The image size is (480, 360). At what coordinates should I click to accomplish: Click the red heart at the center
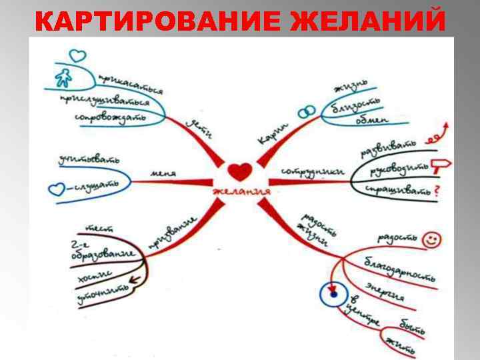pos(239,171)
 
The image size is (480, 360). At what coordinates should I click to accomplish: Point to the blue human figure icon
pos(64,78)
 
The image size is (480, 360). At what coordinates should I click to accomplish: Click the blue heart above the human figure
pos(78,53)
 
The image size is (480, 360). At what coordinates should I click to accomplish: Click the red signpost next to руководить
pos(441,165)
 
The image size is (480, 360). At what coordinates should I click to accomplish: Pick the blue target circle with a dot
pos(333,293)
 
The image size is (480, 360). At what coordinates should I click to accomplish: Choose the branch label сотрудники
pos(312,172)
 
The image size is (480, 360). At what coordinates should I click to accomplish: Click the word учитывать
pos(89,160)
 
